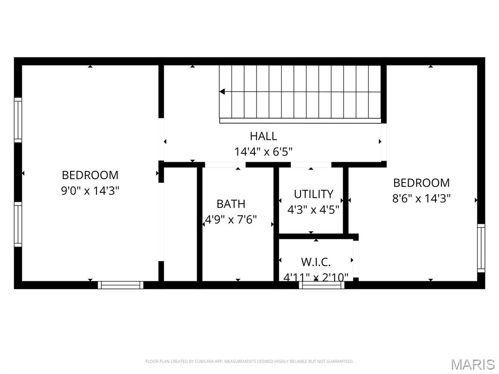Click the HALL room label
(x=263, y=136)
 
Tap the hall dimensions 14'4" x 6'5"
(x=263, y=152)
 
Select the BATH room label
(x=231, y=204)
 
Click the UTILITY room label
(x=313, y=194)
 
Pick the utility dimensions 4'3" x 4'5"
(x=313, y=210)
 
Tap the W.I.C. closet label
(x=316, y=262)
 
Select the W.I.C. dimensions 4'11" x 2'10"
(x=316, y=278)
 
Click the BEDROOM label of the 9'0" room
(x=90, y=175)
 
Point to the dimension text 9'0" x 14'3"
(x=90, y=190)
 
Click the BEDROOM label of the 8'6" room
(x=422, y=183)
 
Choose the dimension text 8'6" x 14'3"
(x=422, y=198)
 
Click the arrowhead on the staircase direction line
(x=222, y=92)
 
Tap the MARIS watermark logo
(x=472, y=364)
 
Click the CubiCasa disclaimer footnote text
(x=249, y=361)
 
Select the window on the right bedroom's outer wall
(x=481, y=248)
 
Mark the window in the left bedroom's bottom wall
(x=120, y=285)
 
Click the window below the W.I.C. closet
(x=322, y=285)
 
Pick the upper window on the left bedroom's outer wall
(x=18, y=120)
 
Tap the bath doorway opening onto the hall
(x=225, y=165)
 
